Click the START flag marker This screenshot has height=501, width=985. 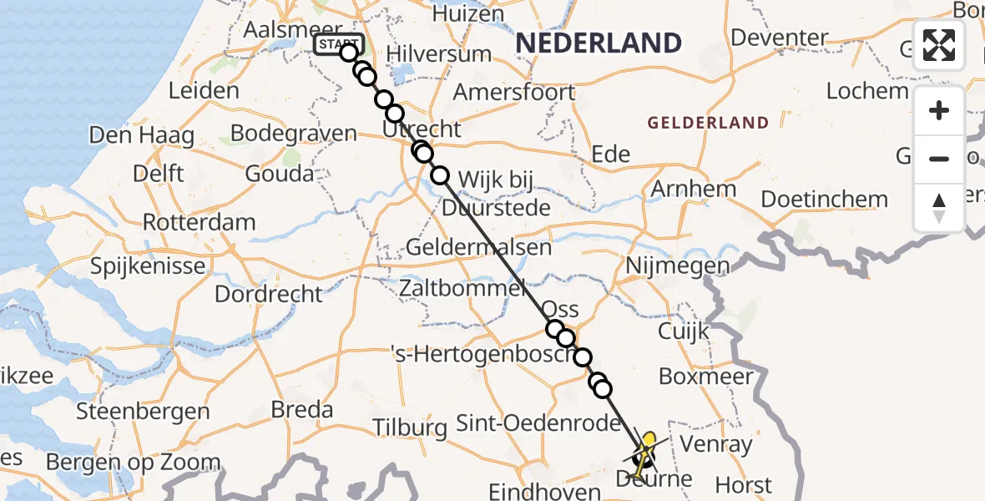pos(339,43)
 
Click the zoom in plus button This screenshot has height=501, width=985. pos(939,111)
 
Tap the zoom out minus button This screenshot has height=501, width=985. pos(939,159)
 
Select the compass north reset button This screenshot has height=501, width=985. pos(939,207)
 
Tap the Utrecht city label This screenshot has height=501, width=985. pos(422,130)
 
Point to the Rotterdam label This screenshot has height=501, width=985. pos(199,223)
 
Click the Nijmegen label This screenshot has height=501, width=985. pos(677,266)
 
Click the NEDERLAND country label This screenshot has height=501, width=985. pos(599,43)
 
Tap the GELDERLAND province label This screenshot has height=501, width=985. pos(708,124)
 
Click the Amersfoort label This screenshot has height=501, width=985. pos(514,92)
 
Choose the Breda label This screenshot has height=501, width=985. pos(302,410)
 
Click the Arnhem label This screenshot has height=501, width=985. pos(694,189)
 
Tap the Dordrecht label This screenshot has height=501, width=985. pos(268,295)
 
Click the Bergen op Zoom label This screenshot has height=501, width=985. pos(134,463)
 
